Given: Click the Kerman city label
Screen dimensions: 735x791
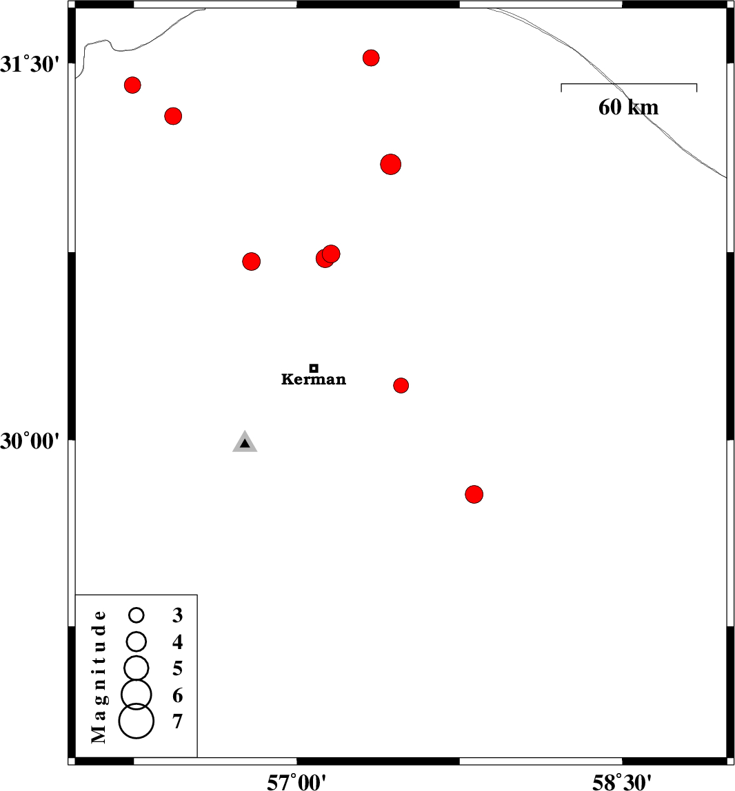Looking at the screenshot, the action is pyautogui.click(x=314, y=379).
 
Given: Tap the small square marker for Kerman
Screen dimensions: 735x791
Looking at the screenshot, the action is pyautogui.click(x=314, y=368).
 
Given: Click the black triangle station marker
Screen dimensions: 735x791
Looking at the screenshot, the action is pyautogui.click(x=245, y=443).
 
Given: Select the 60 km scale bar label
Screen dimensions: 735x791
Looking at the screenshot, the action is pyautogui.click(x=629, y=107).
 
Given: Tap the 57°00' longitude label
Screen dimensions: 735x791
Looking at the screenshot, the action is pyautogui.click(x=296, y=782).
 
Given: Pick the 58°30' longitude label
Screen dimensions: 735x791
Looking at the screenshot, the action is pyautogui.click(x=622, y=782).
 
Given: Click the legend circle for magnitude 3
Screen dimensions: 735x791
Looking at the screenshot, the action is pyautogui.click(x=137, y=615).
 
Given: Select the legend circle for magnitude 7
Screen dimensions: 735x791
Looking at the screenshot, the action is pyautogui.click(x=137, y=721).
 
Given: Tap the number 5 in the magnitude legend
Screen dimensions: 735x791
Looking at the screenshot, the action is pyautogui.click(x=177, y=668).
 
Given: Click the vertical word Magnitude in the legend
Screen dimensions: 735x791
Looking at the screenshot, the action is pyautogui.click(x=99, y=677).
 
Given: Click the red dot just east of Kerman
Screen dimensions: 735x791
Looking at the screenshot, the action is pyautogui.click(x=401, y=385).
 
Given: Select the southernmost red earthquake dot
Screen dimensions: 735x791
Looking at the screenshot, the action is pyautogui.click(x=474, y=495).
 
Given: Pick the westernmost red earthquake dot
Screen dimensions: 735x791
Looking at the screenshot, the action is pyautogui.click(x=132, y=85).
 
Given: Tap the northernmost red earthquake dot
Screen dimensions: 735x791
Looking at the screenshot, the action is pyautogui.click(x=371, y=58).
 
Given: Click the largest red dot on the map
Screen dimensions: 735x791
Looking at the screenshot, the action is pyautogui.click(x=391, y=165).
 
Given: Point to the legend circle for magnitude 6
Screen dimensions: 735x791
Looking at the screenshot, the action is pyautogui.click(x=137, y=694).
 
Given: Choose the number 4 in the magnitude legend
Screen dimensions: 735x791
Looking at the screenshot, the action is pyautogui.click(x=177, y=641).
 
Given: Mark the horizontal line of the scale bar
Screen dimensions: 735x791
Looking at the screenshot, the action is pyautogui.click(x=629, y=84).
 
